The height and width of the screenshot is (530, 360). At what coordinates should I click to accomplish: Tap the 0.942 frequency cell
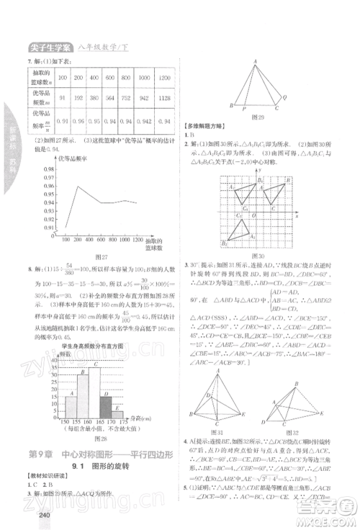click(144, 120)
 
